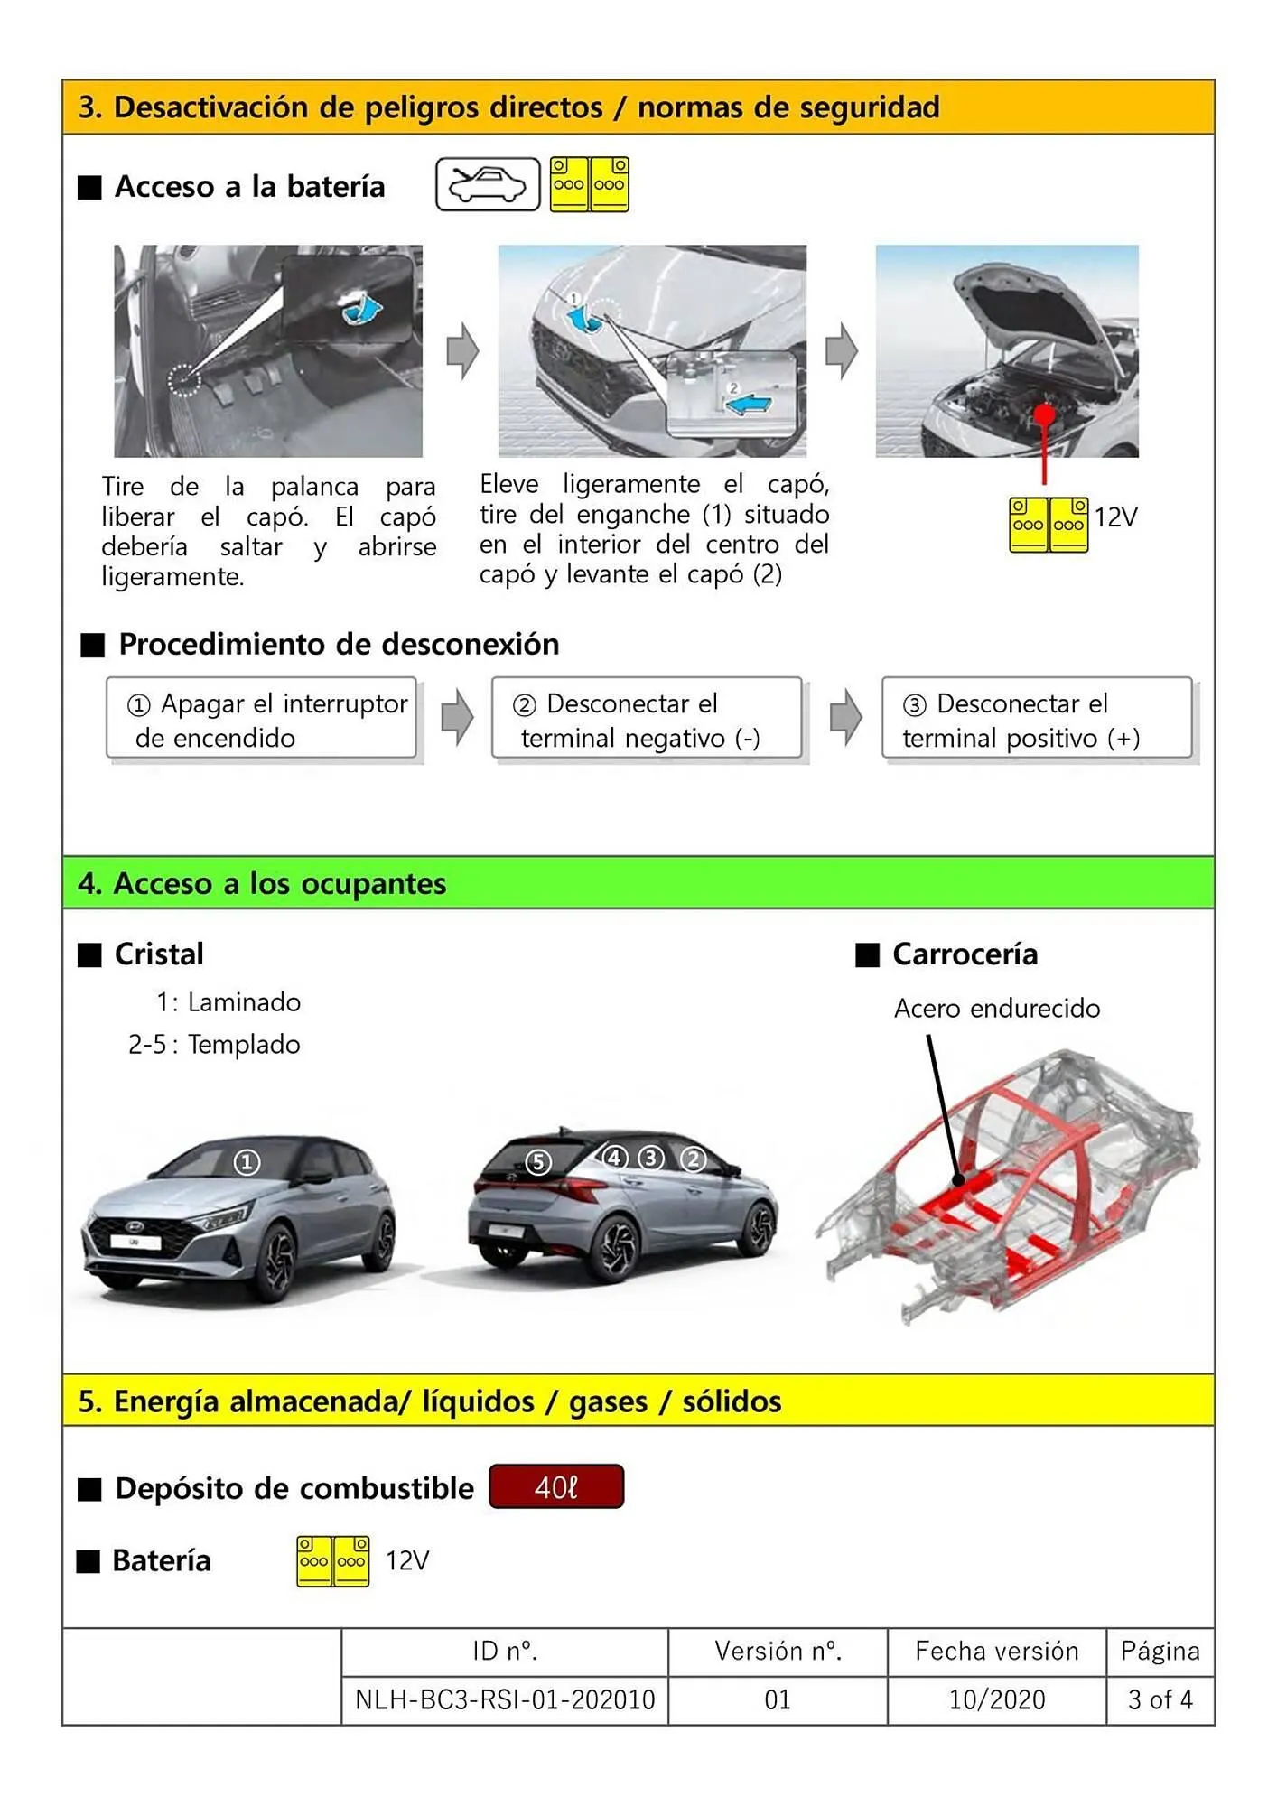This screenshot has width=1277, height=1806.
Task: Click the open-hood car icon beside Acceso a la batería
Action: [x=488, y=184]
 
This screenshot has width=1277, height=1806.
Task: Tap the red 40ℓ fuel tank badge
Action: [x=556, y=1487]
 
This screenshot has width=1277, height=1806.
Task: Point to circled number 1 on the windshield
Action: [x=247, y=1162]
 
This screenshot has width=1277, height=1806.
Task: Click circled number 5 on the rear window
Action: [x=538, y=1161]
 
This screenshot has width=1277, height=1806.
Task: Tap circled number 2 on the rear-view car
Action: [x=693, y=1158]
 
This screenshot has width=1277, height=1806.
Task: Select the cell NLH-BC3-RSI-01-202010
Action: [x=505, y=1700]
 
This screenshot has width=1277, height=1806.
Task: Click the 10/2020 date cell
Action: [x=996, y=1700]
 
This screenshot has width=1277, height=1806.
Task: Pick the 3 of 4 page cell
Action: [x=1160, y=1700]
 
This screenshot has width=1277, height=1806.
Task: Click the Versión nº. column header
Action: [x=778, y=1652]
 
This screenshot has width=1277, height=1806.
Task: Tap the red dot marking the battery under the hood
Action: [x=1045, y=414]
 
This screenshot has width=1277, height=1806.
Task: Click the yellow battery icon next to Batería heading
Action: [x=332, y=1561]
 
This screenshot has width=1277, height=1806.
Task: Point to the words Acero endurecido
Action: [x=996, y=1009]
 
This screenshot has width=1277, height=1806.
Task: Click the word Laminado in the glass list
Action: [x=244, y=1002]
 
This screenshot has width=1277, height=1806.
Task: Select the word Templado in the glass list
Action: [x=244, y=1045]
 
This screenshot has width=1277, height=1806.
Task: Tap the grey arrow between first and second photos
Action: [x=462, y=350]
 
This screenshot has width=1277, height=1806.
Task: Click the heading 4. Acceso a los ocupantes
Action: [x=262, y=883]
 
